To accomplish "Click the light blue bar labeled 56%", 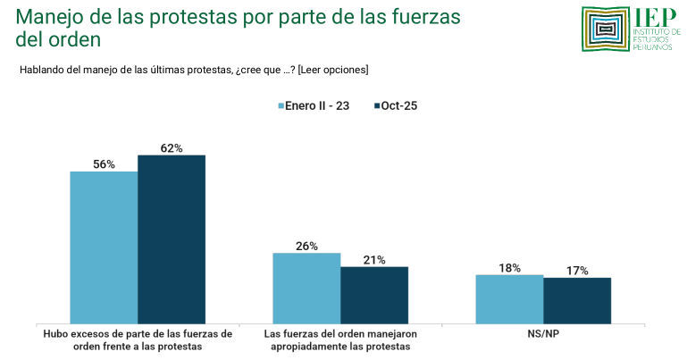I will click(104, 247).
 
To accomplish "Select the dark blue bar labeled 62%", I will click(172, 239).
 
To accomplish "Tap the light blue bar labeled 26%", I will click(306, 288).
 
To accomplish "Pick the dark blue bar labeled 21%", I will click(374, 295).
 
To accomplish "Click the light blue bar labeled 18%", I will click(509, 298).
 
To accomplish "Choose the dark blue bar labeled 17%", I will click(577, 300).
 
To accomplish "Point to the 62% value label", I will click(172, 148).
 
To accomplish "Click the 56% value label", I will click(104, 164).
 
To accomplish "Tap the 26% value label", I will click(306, 246).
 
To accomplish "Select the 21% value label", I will click(374, 260).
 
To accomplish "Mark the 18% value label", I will click(509, 267).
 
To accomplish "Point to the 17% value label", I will click(577, 271).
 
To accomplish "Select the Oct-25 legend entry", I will click(394, 105).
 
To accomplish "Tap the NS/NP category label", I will click(543, 333).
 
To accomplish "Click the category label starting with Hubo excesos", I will click(138, 339).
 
